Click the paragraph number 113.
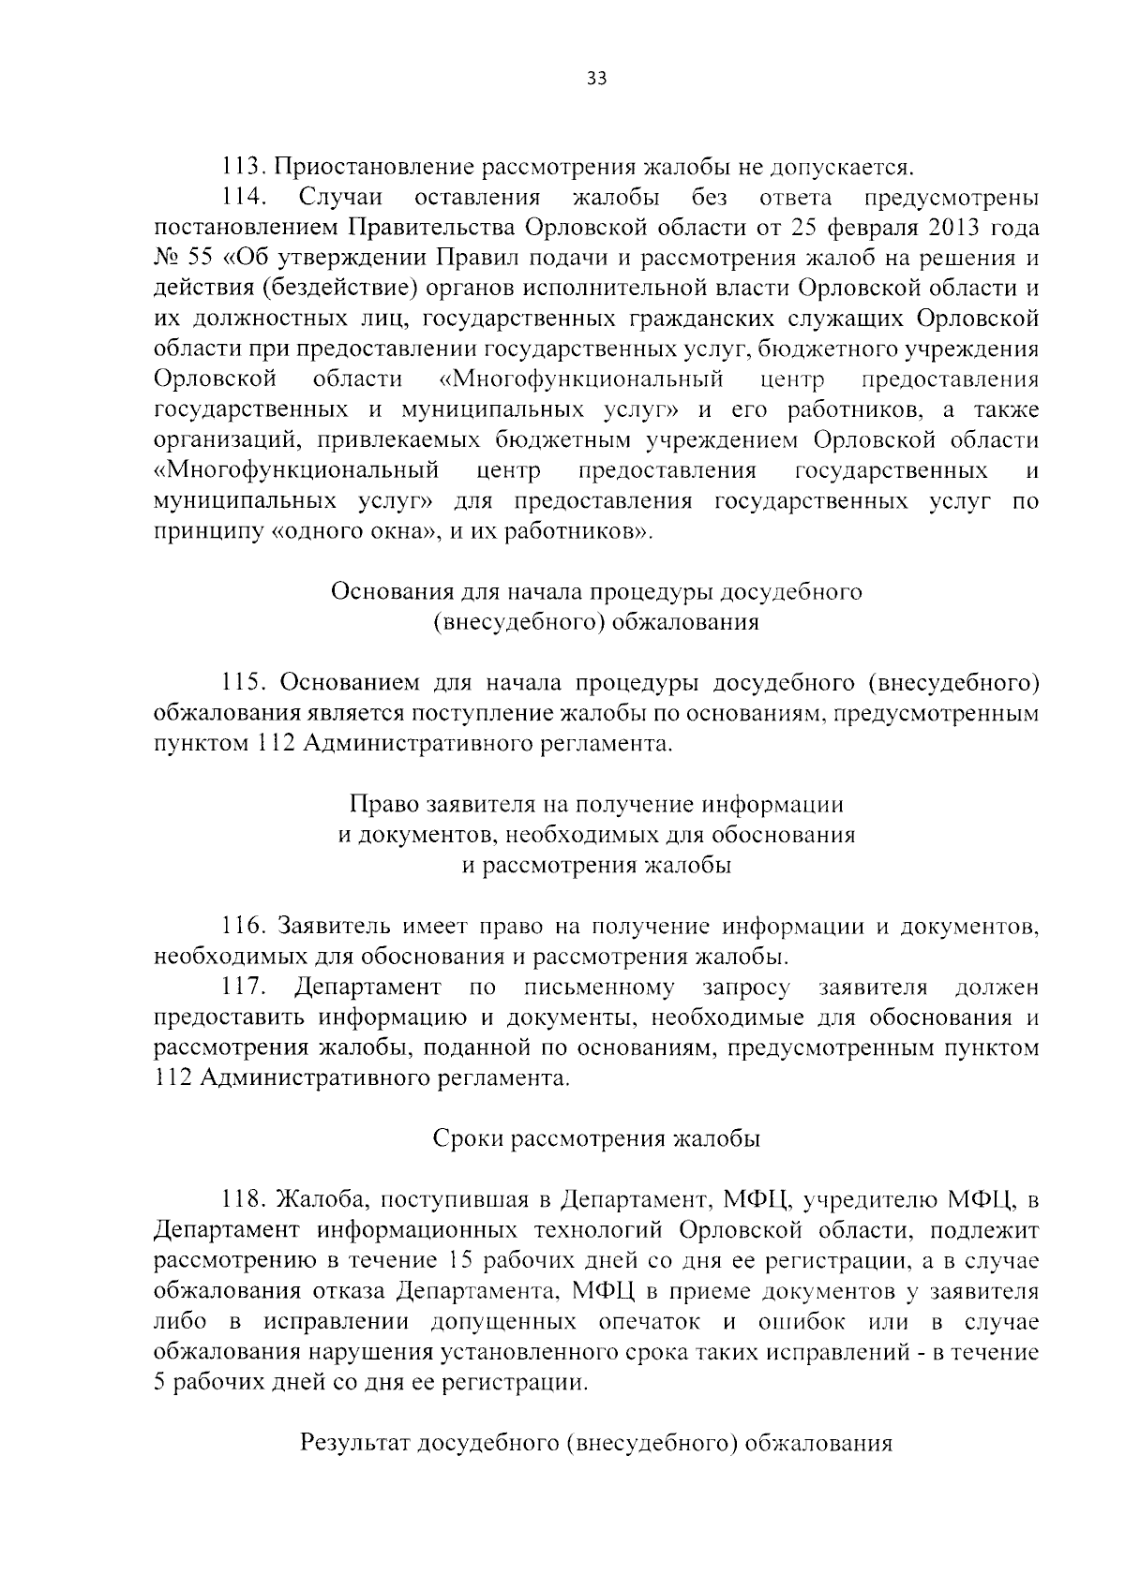point(244,168)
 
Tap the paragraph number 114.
point(246,198)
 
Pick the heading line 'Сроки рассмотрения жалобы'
point(596,1138)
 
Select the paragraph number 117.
point(246,987)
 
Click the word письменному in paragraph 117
point(600,987)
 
